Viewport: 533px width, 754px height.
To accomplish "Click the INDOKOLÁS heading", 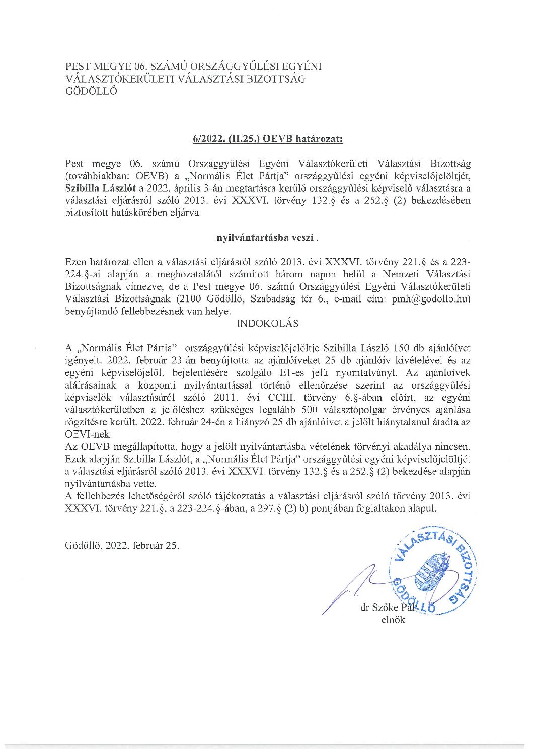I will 267,323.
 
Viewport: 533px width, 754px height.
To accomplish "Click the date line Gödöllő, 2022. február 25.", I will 122,545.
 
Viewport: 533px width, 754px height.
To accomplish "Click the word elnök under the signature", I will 393,620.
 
